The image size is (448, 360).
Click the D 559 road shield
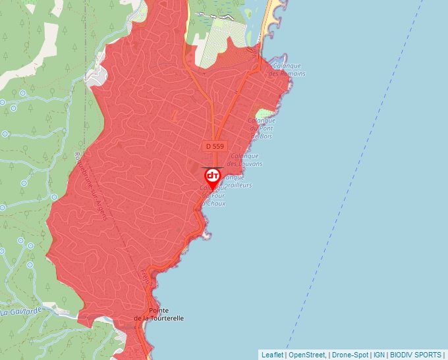[x=215, y=145]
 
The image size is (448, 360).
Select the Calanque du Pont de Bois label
[x=262, y=128]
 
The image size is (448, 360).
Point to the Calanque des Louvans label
[x=244, y=160]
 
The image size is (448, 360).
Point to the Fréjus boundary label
[x=146, y=276]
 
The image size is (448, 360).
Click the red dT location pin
[x=213, y=177]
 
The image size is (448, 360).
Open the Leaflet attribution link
[x=272, y=355]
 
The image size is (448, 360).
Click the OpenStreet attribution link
[x=308, y=355]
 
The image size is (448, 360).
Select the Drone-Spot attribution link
[x=350, y=355]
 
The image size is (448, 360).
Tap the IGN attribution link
[x=379, y=355]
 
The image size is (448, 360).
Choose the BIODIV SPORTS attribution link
[x=416, y=355]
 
